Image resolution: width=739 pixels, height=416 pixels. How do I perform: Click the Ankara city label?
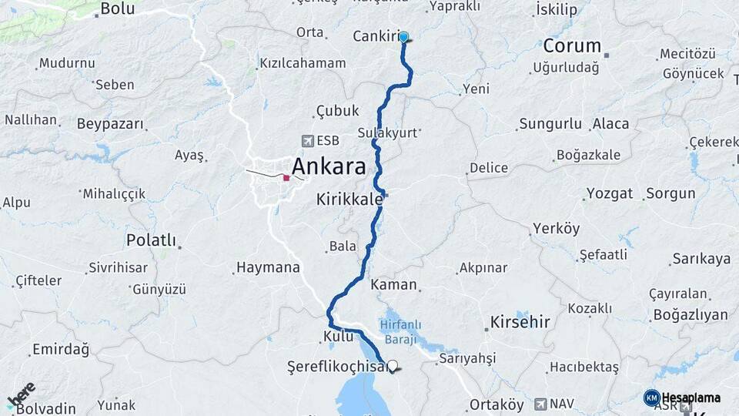click(x=329, y=166)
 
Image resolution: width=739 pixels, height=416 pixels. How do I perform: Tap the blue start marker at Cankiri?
click(x=403, y=37)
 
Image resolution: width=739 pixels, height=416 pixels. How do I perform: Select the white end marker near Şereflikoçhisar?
click(x=393, y=366)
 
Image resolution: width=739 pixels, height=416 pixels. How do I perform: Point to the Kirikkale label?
click(x=349, y=199)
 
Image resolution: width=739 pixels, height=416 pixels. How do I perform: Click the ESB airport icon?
click(x=309, y=141)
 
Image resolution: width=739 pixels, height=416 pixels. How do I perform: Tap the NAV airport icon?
click(x=540, y=403)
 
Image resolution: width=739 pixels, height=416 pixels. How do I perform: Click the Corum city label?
click(x=572, y=45)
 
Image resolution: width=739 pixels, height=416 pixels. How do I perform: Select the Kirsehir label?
click(x=520, y=321)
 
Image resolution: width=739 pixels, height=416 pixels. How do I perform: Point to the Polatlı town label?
click(x=151, y=240)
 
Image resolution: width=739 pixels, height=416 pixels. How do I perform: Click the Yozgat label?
click(x=610, y=193)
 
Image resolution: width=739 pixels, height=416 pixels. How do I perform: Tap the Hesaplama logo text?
click(x=691, y=398)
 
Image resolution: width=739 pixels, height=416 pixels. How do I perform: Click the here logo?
click(x=22, y=394)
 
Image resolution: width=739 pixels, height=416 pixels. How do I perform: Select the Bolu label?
click(x=118, y=9)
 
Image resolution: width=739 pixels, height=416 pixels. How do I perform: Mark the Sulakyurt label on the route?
click(x=386, y=133)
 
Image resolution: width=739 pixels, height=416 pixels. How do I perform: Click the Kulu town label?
click(x=337, y=337)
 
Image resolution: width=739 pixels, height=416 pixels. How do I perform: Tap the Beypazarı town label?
click(x=110, y=123)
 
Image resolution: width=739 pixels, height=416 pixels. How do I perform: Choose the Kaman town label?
click(x=393, y=284)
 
